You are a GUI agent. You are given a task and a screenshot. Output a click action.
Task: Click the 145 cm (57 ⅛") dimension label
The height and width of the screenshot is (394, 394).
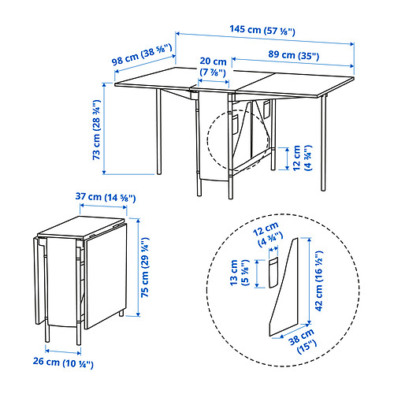click(x=262, y=30)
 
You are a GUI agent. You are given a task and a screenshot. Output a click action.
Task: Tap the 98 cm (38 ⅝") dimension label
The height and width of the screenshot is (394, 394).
click(x=142, y=54)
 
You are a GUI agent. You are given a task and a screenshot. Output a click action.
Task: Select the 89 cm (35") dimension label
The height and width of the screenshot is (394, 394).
click(x=293, y=55)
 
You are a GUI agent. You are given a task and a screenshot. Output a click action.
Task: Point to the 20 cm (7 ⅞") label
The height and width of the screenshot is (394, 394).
click(x=213, y=67)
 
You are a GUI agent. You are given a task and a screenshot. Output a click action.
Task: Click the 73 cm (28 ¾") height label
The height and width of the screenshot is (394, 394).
click(x=96, y=130)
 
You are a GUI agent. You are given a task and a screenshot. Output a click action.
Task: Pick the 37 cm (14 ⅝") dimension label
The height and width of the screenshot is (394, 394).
click(x=106, y=197)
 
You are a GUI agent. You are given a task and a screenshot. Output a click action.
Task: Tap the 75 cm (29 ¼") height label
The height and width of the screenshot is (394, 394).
click(x=145, y=267)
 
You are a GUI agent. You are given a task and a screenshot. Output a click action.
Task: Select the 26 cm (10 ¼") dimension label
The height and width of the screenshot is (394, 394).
click(x=63, y=362)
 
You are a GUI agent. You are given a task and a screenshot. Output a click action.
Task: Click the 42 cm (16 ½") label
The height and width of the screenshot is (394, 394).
click(x=318, y=281)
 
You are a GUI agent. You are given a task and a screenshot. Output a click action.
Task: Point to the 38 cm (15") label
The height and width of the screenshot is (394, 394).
click(x=303, y=340)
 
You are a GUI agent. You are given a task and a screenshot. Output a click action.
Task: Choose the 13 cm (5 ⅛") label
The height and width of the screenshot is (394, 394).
click(x=239, y=273)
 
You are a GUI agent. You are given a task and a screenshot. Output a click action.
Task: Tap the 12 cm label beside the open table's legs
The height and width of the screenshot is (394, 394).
click(x=301, y=158)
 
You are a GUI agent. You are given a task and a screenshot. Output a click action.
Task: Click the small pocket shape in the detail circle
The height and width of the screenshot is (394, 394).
click(x=273, y=273)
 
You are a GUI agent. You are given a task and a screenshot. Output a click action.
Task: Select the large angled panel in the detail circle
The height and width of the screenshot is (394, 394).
click(x=284, y=287)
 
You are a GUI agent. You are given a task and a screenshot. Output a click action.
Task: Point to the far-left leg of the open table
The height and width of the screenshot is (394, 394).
click(x=158, y=132)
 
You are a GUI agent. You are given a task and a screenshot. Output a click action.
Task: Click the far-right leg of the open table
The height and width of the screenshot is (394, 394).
click(x=323, y=143)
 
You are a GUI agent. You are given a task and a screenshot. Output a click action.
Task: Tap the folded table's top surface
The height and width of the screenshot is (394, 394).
click(x=80, y=227)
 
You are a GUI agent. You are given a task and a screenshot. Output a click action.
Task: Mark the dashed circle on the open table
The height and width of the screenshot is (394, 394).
click(x=208, y=140)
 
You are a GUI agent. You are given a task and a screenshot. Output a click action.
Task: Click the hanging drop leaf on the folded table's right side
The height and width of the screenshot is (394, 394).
click(x=106, y=276)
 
